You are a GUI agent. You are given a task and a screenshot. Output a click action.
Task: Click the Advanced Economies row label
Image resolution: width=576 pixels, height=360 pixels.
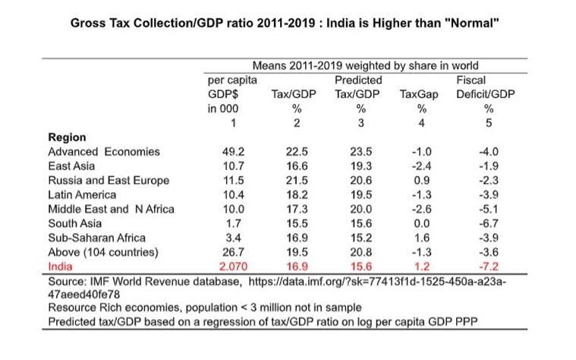point(104,151)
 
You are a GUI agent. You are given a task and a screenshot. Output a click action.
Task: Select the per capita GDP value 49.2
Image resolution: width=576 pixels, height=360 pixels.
point(234,151)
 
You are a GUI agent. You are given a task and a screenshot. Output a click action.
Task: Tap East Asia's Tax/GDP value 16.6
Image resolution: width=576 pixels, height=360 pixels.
point(288,166)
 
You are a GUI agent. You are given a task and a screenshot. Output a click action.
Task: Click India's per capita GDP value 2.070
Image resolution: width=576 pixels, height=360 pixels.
point(234,267)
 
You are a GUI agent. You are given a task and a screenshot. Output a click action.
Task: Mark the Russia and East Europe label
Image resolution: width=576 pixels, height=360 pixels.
point(109,180)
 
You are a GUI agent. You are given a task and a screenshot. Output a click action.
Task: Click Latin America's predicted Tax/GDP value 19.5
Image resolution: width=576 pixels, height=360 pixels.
point(351,194)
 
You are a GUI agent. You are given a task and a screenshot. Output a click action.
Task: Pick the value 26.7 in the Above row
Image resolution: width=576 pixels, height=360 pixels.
point(234,252)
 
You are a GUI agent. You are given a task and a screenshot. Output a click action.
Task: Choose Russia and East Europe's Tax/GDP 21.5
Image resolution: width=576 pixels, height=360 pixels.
point(288,180)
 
